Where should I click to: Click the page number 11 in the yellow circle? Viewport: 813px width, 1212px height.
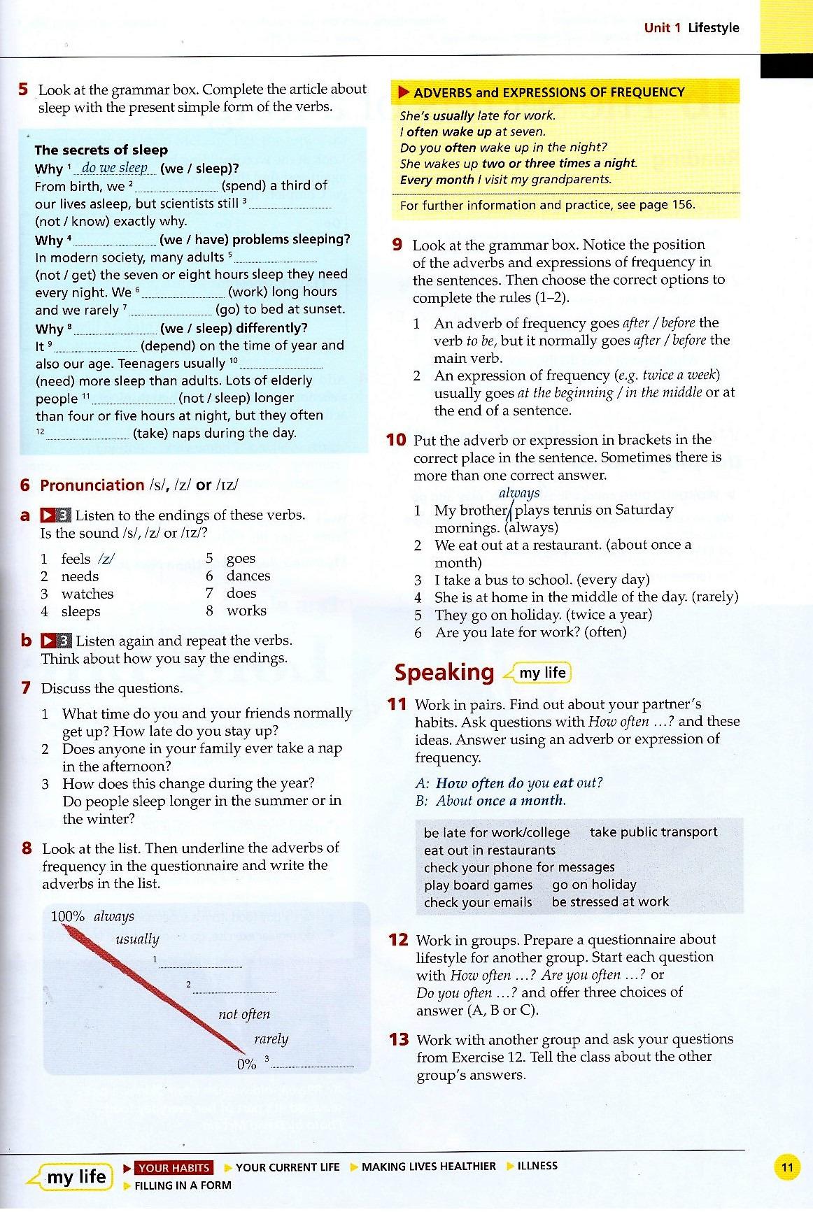tap(787, 1167)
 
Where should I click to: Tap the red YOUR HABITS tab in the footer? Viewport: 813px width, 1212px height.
tap(174, 1167)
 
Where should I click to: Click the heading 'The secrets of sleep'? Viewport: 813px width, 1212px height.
tap(101, 150)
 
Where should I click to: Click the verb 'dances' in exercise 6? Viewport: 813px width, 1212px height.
tap(248, 576)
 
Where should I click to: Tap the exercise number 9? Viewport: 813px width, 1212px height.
tap(397, 245)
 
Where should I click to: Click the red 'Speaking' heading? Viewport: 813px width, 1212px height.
tap(444, 673)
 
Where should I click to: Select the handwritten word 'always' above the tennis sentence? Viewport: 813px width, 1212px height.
tap(519, 493)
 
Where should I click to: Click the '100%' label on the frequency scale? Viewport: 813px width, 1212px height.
tap(68, 916)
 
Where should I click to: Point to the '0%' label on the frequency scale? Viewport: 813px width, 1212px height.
tap(246, 1064)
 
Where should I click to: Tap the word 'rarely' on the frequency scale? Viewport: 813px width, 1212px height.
tap(271, 1039)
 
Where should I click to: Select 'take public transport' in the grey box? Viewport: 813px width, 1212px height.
tap(653, 832)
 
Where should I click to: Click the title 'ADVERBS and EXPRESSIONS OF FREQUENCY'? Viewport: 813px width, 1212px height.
tap(549, 92)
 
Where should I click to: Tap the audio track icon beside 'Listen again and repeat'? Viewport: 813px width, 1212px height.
tap(56, 641)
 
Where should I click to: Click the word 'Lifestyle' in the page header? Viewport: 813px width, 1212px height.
tap(713, 28)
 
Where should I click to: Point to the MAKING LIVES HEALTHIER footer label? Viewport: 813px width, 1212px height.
tap(428, 1166)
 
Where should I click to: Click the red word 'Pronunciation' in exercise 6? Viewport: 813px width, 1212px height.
tap(92, 485)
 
